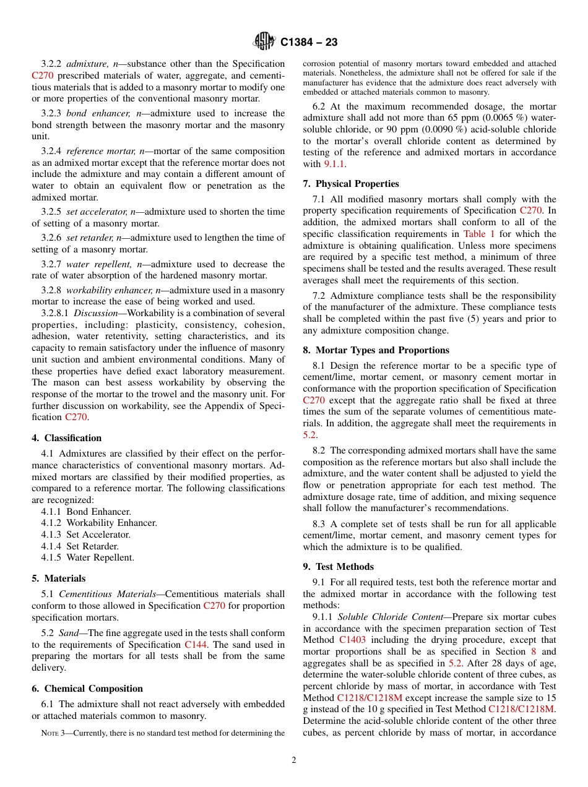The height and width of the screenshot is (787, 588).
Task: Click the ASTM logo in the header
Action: (x=264, y=42)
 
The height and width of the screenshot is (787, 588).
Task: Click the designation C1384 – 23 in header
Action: (x=309, y=43)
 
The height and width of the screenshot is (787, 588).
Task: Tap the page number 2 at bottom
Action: (x=294, y=760)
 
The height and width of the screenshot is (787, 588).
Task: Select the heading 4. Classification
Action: (x=67, y=438)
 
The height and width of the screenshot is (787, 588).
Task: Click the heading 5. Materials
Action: (x=59, y=578)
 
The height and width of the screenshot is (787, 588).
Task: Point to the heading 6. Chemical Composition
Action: (x=87, y=689)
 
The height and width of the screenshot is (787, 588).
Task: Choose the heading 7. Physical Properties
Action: (x=351, y=184)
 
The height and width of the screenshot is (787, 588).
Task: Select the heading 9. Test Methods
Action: (x=339, y=567)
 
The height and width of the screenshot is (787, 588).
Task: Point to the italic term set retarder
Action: (x=90, y=238)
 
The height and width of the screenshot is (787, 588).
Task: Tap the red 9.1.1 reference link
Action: (x=334, y=164)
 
